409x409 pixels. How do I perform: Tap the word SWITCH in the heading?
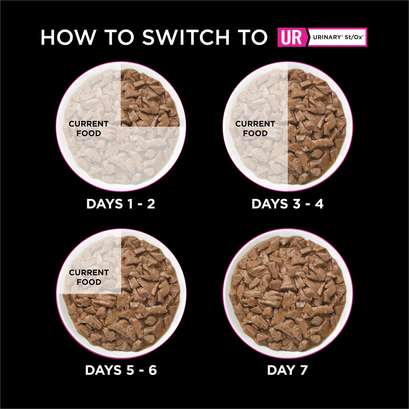186,37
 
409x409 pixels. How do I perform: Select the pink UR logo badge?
292,37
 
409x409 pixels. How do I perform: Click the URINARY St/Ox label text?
338,37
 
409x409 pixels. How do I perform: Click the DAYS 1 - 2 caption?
121,204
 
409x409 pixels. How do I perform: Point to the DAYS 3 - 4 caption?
287,204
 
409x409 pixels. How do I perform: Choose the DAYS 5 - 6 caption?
121,370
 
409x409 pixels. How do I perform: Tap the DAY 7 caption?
287,370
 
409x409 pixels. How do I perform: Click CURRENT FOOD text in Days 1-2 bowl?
89,128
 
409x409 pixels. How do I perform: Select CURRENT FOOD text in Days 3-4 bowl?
255,128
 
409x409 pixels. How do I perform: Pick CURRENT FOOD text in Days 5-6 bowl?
89,277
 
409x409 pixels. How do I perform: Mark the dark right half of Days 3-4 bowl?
317,126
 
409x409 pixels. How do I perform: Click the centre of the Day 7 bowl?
288,293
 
